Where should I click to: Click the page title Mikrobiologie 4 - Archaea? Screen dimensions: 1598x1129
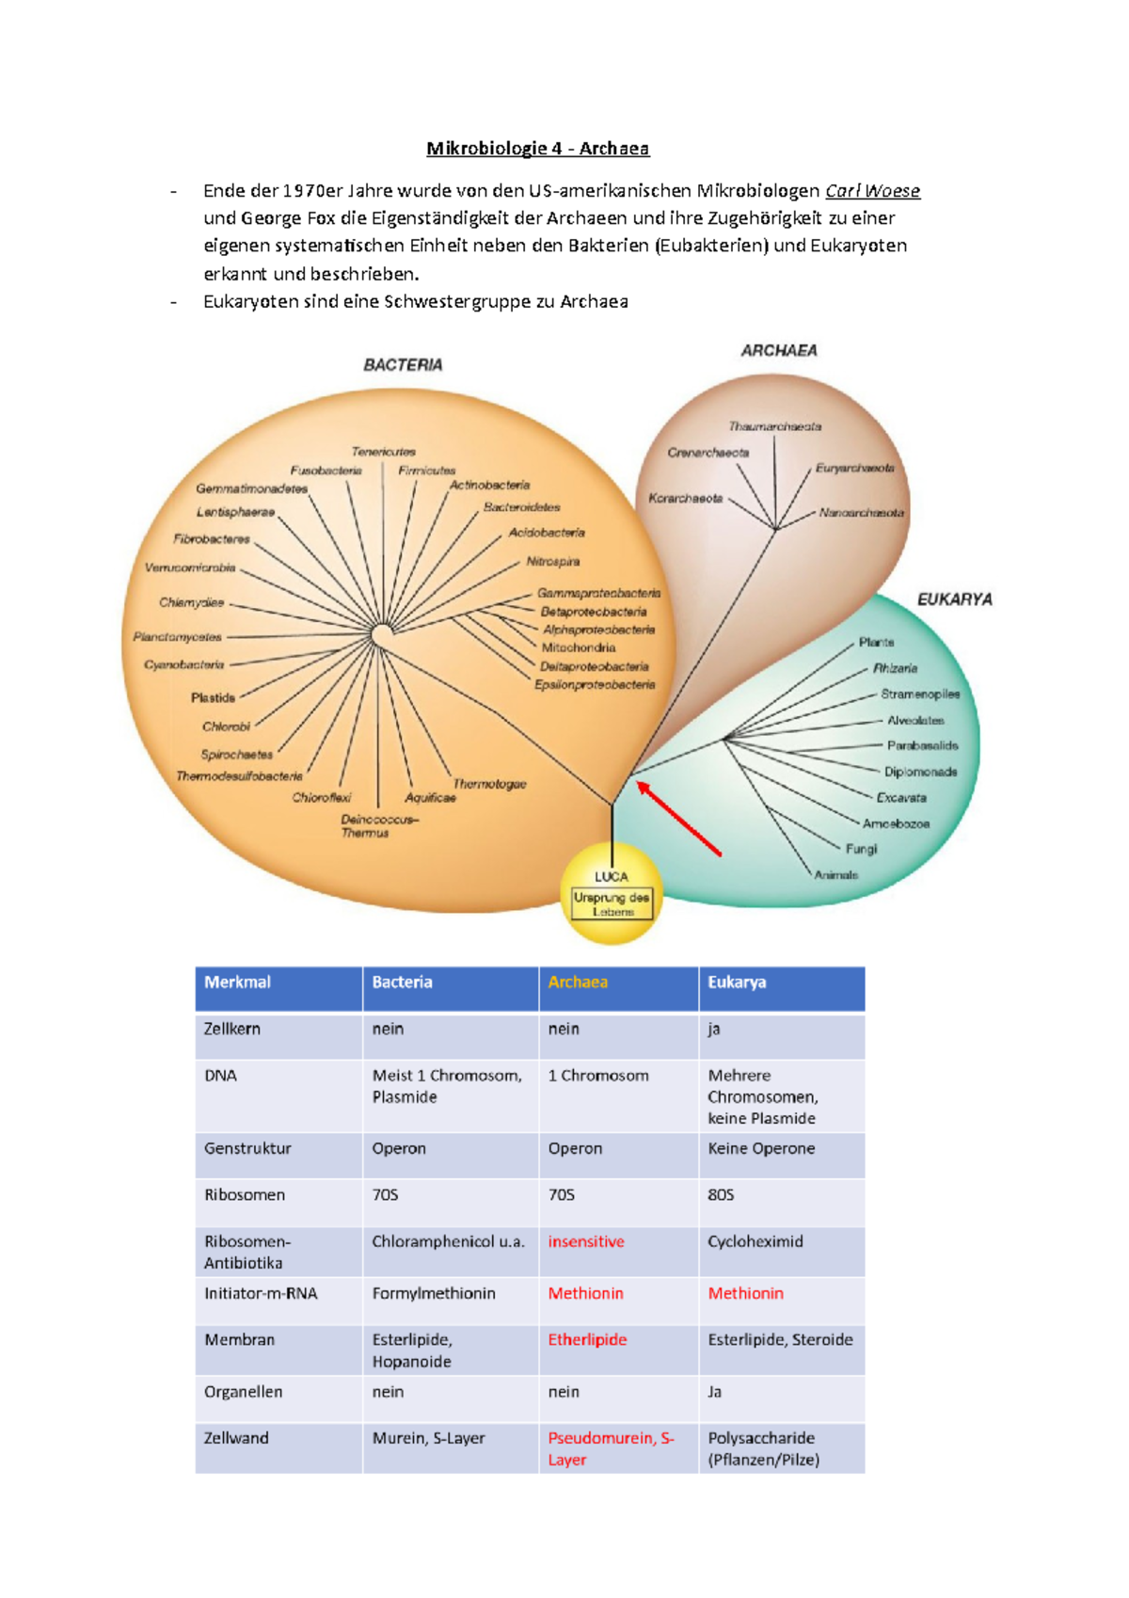coord(537,149)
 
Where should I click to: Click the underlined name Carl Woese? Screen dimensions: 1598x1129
coord(872,191)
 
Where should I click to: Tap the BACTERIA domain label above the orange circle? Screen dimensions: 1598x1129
coord(403,365)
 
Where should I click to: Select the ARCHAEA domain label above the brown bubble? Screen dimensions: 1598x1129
coord(779,351)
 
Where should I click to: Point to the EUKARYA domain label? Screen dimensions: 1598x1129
coord(954,599)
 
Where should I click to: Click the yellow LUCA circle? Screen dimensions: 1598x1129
coord(612,895)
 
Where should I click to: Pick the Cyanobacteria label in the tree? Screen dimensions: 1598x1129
coord(184,665)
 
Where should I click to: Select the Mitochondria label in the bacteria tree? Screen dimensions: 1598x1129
coord(579,648)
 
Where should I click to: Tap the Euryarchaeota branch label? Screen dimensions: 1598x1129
coord(854,468)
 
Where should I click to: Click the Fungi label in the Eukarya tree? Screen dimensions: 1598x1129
coord(861,849)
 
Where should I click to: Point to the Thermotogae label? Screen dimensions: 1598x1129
coord(489,784)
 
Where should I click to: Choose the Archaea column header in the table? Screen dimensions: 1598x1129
coord(578,983)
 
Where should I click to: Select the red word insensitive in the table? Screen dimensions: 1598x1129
coord(586,1242)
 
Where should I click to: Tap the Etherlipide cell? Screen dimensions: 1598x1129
coord(587,1340)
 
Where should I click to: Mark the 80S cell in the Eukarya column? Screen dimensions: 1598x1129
coord(721,1195)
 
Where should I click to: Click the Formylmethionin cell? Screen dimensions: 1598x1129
coord(434,1294)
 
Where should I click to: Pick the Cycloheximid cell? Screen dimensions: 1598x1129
coord(755,1242)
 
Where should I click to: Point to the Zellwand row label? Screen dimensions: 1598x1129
coord(236,1439)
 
